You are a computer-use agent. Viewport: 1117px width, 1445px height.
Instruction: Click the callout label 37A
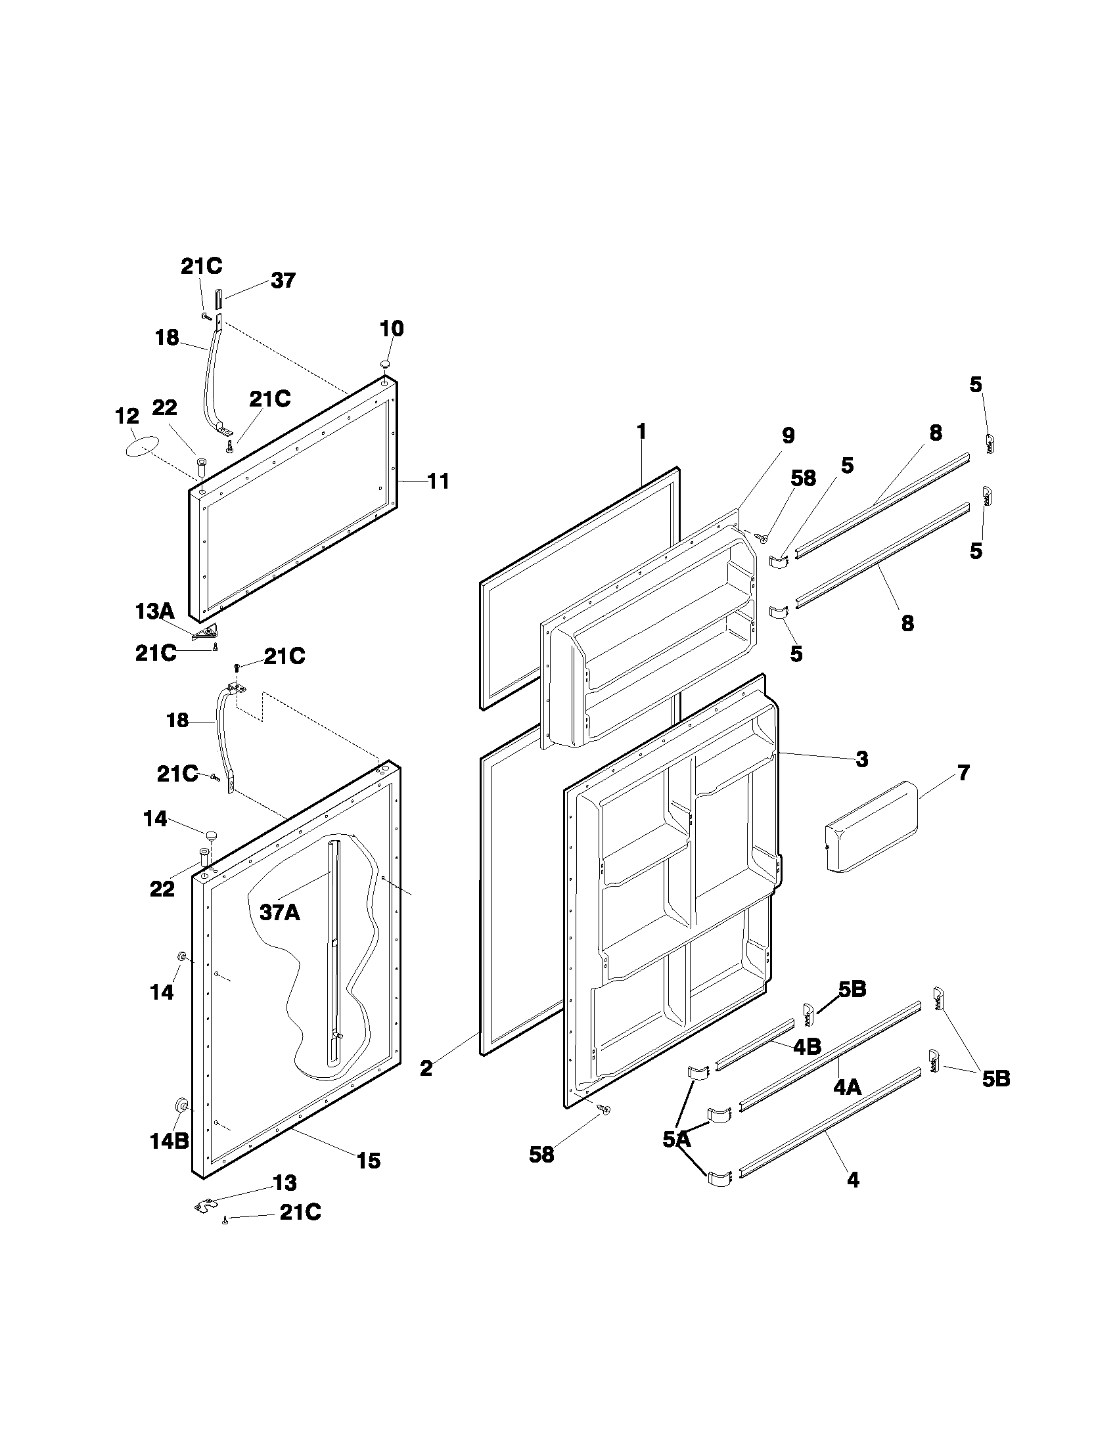pos(279,912)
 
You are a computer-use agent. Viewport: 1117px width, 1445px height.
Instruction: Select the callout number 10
pos(392,328)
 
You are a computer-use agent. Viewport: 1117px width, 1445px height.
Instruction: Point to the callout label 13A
pos(155,611)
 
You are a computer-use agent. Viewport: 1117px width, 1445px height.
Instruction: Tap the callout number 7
pos(963,772)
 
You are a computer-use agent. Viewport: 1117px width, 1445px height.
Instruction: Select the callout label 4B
pos(807,1046)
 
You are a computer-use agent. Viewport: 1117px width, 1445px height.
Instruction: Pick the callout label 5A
pos(676,1139)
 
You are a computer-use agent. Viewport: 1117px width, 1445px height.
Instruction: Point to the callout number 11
pos(438,481)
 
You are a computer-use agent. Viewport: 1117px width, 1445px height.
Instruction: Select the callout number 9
pos(787,435)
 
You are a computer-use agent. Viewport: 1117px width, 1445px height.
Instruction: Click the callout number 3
pos(861,759)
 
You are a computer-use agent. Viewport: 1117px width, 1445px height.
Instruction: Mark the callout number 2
pos(426,1067)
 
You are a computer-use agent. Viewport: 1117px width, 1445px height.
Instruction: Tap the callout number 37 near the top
pos(283,280)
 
